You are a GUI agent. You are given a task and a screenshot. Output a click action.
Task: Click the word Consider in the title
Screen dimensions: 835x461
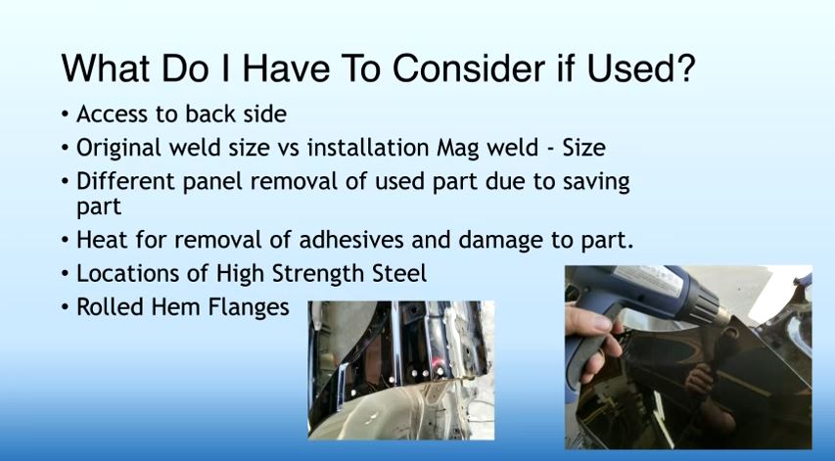point(469,69)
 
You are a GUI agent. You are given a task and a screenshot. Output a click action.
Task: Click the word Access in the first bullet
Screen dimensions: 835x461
point(112,114)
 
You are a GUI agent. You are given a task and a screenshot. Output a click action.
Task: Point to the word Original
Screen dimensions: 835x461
point(118,149)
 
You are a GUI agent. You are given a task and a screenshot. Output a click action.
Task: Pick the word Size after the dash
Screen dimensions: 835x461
point(584,148)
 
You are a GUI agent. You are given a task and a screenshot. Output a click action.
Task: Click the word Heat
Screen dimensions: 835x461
point(102,240)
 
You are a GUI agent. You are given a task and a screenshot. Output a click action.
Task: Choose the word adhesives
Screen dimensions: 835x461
point(351,240)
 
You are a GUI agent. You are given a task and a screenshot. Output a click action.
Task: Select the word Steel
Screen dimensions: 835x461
point(399,273)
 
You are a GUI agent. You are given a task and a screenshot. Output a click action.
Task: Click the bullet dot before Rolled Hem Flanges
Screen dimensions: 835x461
point(65,307)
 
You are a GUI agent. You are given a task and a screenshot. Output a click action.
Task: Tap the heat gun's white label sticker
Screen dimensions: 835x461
point(649,281)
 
